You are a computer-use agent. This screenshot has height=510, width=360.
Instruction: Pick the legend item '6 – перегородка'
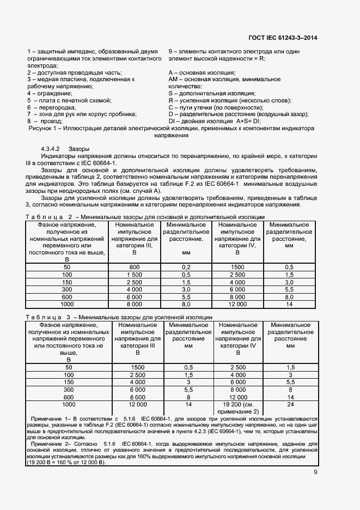(51, 108)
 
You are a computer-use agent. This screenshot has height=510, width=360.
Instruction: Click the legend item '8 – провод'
(45, 122)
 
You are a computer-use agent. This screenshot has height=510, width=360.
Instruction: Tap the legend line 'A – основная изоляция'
(202, 72)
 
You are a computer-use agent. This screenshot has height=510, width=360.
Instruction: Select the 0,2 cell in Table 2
(186, 267)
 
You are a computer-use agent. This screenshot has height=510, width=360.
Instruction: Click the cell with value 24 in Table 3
(290, 405)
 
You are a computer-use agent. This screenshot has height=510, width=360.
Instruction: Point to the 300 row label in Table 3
(68, 390)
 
